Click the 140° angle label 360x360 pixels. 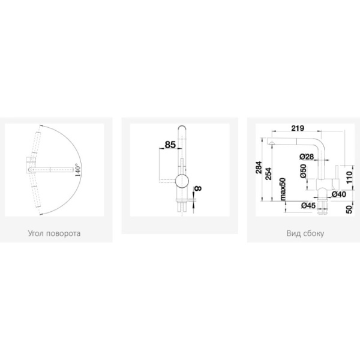tap(78, 170)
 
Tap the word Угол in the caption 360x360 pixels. tap(36, 233)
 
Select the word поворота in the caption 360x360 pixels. tap(64, 233)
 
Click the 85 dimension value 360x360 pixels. tap(170, 145)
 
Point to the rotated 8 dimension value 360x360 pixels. tap(198, 188)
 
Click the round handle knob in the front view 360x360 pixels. tap(182, 181)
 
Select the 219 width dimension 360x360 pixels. tap(298, 128)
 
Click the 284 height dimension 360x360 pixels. tap(259, 167)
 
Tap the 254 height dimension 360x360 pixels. tap(268, 174)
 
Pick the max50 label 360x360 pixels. tap(283, 189)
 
